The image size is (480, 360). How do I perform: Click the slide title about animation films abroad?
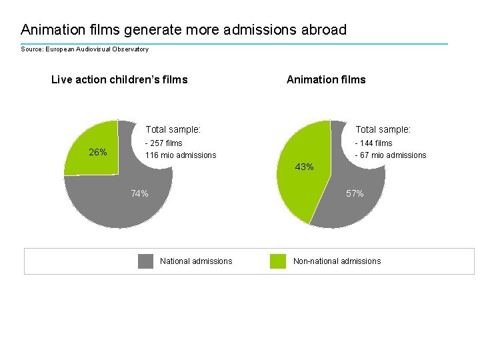[x=183, y=30]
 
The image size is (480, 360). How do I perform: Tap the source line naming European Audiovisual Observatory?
[x=85, y=49]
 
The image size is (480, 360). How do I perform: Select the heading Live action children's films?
[x=119, y=80]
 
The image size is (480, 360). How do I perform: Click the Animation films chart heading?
[x=326, y=80]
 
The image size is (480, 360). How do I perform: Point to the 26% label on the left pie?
[x=98, y=152]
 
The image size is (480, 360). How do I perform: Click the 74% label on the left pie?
[x=139, y=194]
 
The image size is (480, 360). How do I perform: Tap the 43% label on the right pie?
[x=304, y=167]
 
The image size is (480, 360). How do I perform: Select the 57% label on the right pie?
[x=355, y=194]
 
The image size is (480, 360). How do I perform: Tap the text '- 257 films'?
[x=164, y=143]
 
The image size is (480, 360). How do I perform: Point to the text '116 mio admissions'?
[x=181, y=155]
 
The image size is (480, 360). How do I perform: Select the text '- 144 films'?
[x=373, y=143]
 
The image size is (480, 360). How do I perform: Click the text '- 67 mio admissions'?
[x=391, y=155]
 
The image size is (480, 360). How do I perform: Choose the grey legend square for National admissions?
[x=145, y=261]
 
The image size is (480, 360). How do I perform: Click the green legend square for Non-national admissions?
[x=277, y=261]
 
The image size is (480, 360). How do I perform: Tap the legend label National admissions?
[x=196, y=261]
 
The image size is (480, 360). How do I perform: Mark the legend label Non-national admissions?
[x=337, y=261]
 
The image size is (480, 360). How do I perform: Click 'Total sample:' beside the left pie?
[x=173, y=130]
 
